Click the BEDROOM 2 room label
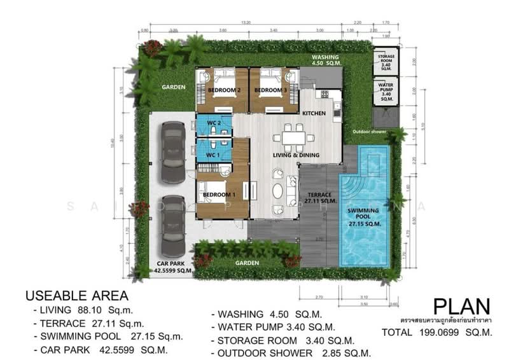(224, 90)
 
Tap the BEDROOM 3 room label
(270, 90)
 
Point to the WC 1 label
(213, 154)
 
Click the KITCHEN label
(314, 113)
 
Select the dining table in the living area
(295, 136)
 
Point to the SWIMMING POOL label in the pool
(365, 216)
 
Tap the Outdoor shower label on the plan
(371, 132)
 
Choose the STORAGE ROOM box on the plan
(386, 62)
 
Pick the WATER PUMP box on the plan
(386, 92)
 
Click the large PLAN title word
(461, 307)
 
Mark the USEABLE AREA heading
(76, 296)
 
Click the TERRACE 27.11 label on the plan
(319, 198)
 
